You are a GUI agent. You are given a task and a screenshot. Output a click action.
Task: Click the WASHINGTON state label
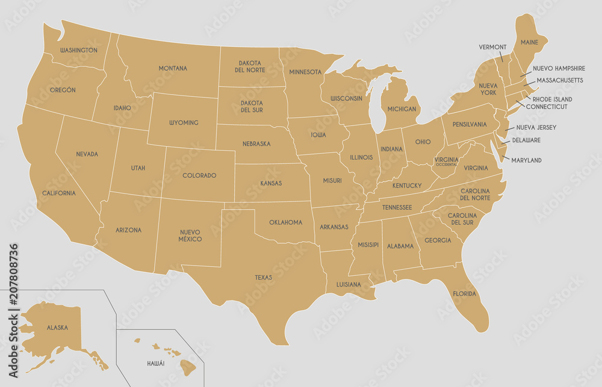(79, 50)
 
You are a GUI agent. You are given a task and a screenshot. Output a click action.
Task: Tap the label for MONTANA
(173, 69)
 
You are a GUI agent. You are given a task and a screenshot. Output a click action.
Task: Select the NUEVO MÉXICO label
(190, 235)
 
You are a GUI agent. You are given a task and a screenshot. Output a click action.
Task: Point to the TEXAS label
(263, 278)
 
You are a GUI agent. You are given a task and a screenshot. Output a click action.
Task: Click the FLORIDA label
(464, 294)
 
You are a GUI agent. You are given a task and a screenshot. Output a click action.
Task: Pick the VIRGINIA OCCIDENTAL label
(446, 161)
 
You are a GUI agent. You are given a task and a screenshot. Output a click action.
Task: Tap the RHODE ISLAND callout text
(552, 99)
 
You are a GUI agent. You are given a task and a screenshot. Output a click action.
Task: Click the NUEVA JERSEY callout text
(536, 127)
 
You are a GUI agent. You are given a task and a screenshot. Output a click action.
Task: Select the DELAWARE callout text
(526, 141)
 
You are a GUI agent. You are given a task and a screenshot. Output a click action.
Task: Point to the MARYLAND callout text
(526, 160)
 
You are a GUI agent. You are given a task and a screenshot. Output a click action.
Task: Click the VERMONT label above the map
(492, 47)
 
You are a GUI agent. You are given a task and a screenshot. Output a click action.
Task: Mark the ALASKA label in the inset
(57, 328)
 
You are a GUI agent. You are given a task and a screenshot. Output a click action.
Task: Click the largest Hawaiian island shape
(188, 365)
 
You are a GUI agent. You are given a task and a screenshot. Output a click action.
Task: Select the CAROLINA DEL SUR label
(462, 219)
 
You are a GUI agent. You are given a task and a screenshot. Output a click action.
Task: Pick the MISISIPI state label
(367, 245)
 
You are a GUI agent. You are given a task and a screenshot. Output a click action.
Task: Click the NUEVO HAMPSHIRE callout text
(559, 69)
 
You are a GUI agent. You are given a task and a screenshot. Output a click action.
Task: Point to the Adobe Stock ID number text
(13, 282)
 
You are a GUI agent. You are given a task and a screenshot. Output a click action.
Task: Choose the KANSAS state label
(271, 183)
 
